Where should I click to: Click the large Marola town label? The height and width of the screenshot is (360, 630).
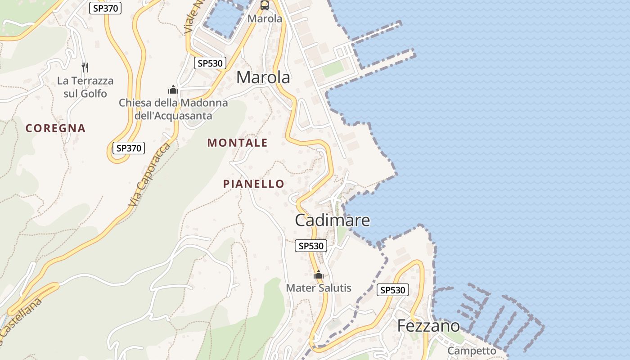263,77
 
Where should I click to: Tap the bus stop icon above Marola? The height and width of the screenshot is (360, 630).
265,5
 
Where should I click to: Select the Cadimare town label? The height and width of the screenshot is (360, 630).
333,220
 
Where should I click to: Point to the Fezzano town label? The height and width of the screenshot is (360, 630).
428,326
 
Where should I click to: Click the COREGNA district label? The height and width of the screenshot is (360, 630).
55,128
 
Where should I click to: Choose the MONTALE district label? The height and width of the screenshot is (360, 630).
237,143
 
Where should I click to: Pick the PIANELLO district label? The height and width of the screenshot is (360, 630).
254,184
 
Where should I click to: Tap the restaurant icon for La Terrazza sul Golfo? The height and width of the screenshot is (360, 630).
85,67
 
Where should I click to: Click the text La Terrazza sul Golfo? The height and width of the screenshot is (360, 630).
85,87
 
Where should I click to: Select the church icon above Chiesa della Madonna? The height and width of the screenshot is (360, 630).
173,90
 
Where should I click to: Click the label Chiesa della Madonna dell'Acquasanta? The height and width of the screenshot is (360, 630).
173,109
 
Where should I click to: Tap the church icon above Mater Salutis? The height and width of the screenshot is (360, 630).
319,274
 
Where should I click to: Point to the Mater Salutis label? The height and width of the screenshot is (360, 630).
319,288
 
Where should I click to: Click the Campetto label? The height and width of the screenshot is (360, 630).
472,351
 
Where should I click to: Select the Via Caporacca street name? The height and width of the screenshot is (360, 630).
149,175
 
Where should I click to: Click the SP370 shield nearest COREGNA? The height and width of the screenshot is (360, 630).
128,148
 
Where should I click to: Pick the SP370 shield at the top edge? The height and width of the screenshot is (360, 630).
105,8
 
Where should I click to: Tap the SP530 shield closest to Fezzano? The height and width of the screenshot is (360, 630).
393,290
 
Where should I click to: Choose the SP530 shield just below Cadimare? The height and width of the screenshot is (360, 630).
311,246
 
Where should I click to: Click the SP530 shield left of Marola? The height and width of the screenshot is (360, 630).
210,63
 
